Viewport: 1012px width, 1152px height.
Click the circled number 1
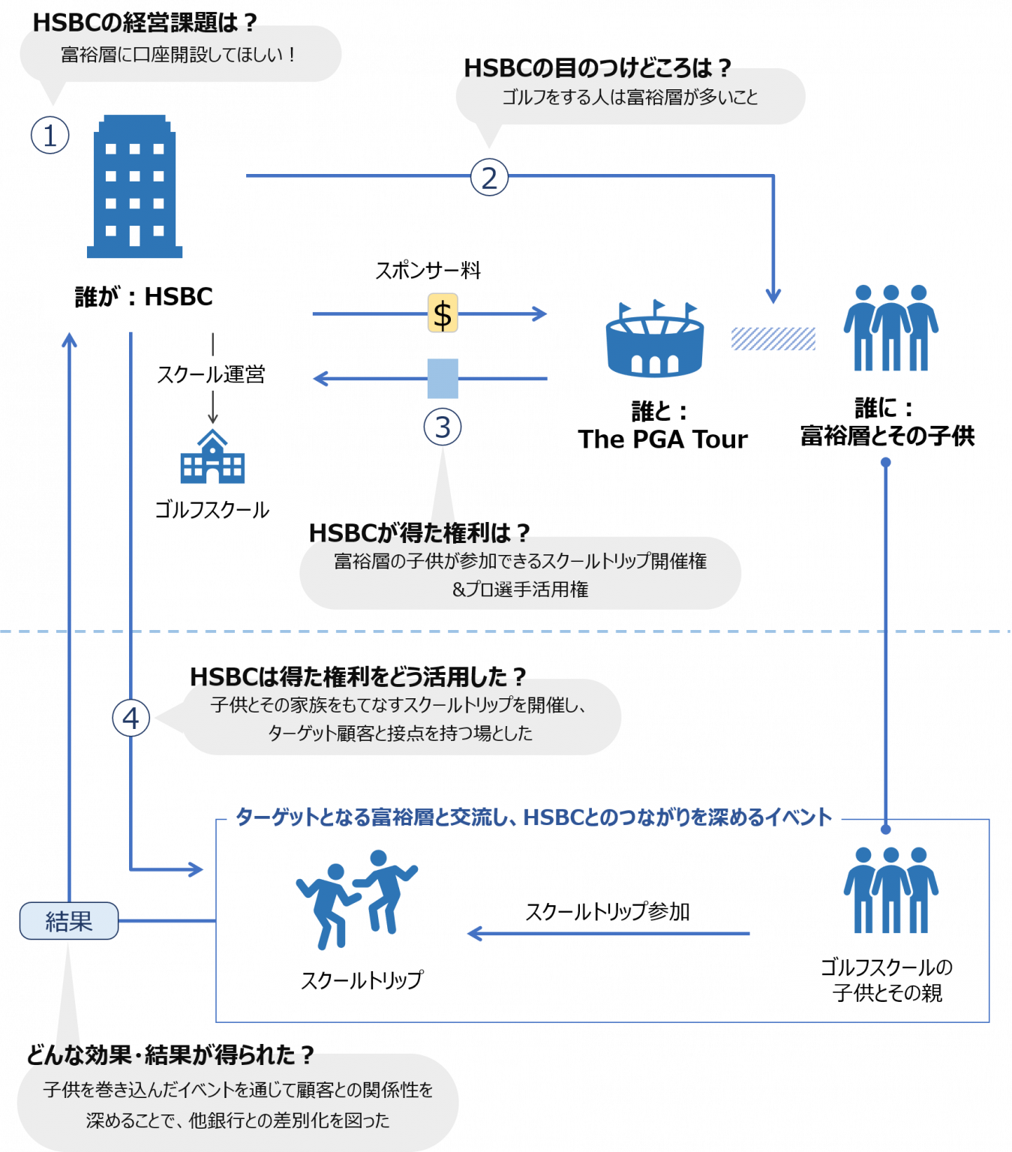click(x=50, y=135)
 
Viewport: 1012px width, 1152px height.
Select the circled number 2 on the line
click(x=489, y=178)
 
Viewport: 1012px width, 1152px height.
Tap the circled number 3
click(x=443, y=427)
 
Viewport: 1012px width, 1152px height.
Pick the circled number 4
click(x=131, y=718)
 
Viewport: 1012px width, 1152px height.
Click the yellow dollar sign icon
click(x=443, y=313)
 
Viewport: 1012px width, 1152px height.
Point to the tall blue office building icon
click(x=135, y=187)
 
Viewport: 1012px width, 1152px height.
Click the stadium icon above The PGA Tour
click(x=655, y=338)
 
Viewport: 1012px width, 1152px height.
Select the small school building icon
click(x=213, y=457)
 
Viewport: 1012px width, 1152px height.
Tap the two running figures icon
click(x=356, y=899)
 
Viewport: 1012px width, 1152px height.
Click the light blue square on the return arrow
click(x=443, y=379)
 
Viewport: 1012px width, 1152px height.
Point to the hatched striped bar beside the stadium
click(x=773, y=339)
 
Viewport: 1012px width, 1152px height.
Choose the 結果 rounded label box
click(x=69, y=920)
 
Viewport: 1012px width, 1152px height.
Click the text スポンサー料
click(x=428, y=270)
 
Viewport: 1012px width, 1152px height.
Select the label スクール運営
click(x=211, y=375)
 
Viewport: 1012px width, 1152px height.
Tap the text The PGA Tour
click(x=662, y=439)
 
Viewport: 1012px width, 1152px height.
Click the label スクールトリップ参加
click(x=608, y=912)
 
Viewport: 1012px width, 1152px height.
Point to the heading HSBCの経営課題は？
click(x=145, y=22)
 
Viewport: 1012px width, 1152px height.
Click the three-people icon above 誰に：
click(x=890, y=328)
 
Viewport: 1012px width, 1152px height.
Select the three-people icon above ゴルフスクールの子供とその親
click(x=890, y=889)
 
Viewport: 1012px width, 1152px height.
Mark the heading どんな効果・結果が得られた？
click(x=170, y=1055)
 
